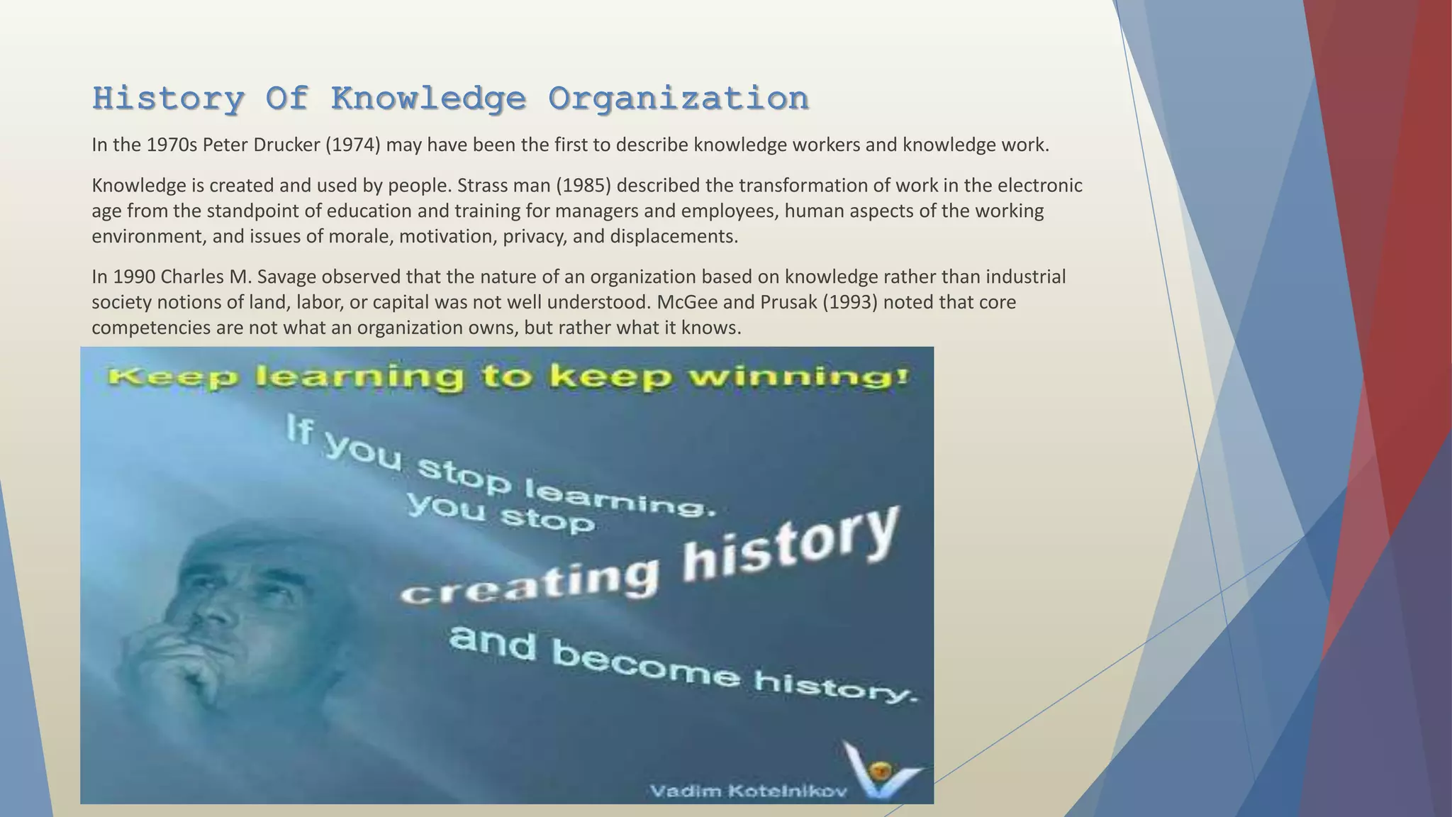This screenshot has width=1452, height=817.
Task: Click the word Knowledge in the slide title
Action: [428, 99]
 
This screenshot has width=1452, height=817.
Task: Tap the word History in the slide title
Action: [168, 99]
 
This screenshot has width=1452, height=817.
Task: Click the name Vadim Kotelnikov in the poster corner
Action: [748, 791]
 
